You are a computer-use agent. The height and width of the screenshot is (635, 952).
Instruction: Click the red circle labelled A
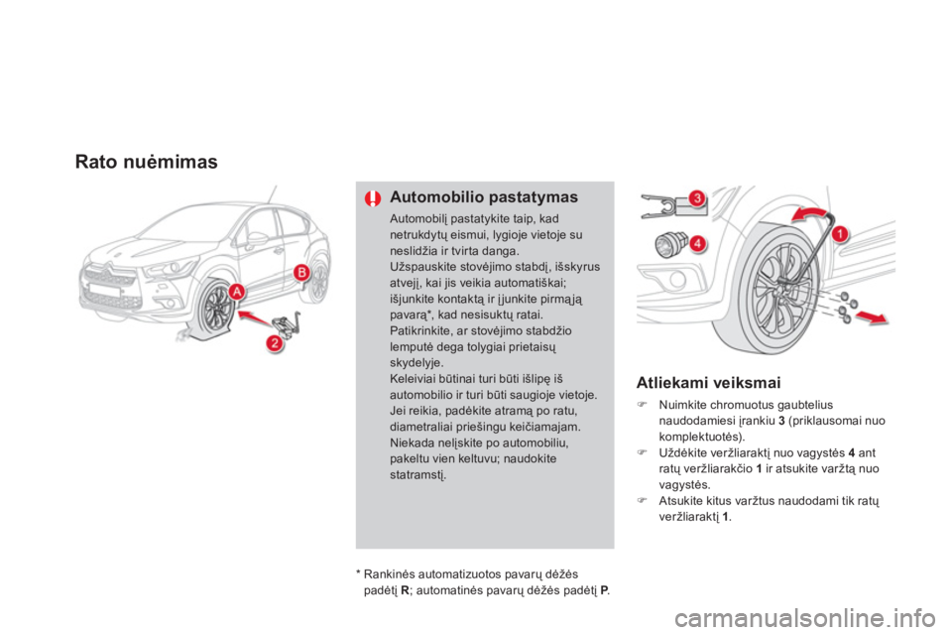tap(236, 291)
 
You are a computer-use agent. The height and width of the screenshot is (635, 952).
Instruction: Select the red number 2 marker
tap(271, 344)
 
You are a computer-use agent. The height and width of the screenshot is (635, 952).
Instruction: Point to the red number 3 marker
tap(697, 199)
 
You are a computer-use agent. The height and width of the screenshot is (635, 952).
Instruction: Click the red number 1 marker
tap(840, 234)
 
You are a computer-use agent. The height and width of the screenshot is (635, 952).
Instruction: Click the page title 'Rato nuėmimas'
tap(147, 162)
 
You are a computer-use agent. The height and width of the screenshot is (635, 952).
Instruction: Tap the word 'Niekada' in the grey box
tap(415, 444)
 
